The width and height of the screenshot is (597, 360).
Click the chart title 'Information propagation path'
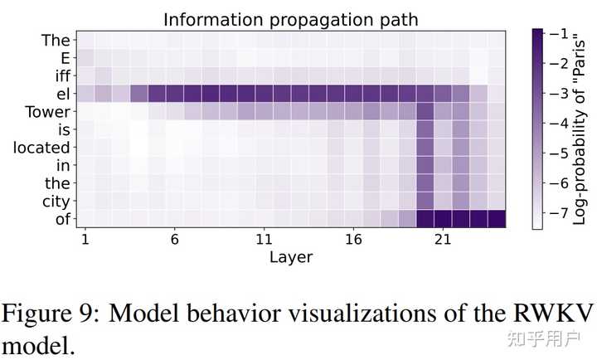tap(290, 18)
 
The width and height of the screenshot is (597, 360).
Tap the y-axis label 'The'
tap(56, 39)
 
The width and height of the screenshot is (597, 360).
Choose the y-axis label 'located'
tap(41, 148)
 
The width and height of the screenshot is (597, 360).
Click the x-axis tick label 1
tap(85, 239)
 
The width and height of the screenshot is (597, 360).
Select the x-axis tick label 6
tap(174, 239)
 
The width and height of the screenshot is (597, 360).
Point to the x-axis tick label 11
tap(264, 239)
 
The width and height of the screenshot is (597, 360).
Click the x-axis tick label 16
tap(353, 239)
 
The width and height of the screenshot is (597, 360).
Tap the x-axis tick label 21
tap(443, 239)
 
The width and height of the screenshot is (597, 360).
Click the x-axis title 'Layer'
tap(290, 257)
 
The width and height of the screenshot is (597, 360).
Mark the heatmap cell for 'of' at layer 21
tap(443, 219)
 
